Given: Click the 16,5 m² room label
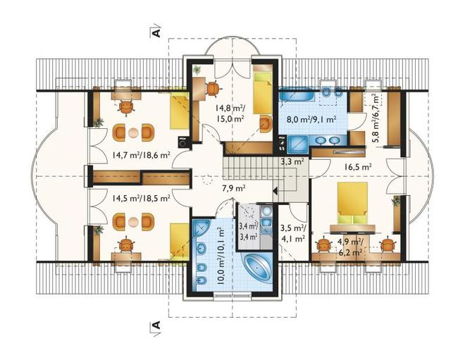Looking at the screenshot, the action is coord(358,167).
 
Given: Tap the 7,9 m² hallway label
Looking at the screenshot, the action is coord(234,188).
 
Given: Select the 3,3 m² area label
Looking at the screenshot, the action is coord(292,161).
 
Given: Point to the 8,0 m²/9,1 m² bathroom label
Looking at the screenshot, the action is coord(311,120).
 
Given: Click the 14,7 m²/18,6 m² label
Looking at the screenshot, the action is coord(141,154).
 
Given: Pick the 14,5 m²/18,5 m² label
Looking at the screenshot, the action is coord(141,198).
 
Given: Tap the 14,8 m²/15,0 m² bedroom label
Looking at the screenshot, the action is coord(230,113).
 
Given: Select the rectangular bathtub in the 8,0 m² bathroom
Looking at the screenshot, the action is coord(294,96).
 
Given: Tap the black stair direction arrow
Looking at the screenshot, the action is coord(275,191).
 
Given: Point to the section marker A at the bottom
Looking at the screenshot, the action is coord(156,325).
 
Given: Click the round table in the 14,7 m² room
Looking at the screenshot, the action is coord(133,132).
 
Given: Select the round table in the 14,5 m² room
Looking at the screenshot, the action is coord(133,221).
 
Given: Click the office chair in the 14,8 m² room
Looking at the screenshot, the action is coord(213,88).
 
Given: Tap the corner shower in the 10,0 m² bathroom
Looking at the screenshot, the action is coord(201,227).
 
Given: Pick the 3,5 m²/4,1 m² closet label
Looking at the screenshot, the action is coord(292,233).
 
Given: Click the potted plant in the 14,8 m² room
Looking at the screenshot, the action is coord(197,70).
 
